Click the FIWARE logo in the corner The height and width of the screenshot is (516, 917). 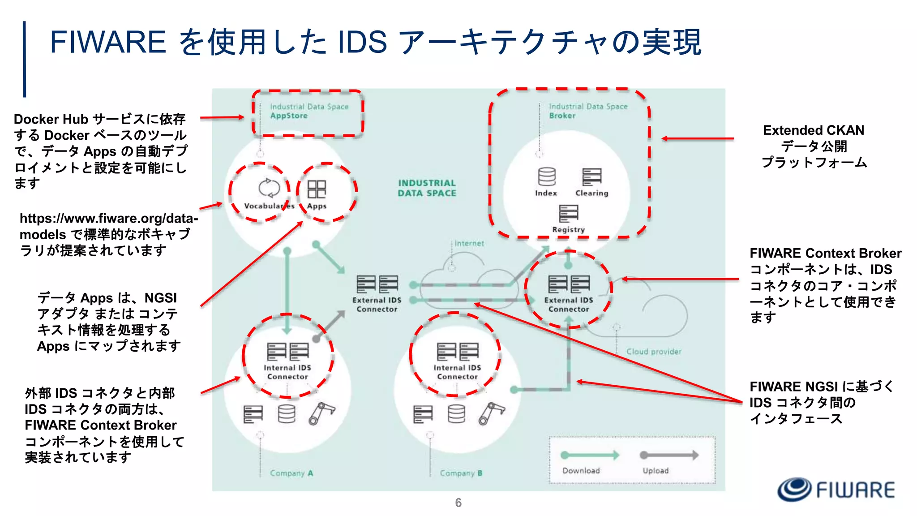click(836, 489)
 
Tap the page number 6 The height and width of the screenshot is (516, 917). click(458, 503)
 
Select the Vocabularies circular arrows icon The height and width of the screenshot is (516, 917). click(269, 188)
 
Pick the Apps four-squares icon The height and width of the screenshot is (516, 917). click(317, 189)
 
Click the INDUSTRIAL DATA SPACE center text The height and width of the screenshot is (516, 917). click(427, 188)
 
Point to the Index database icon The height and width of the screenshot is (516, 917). click(547, 177)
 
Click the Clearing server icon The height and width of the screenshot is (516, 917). click(591, 177)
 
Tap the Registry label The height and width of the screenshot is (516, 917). click(568, 229)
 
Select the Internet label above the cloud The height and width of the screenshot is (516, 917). click(469, 243)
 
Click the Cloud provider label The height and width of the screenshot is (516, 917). click(653, 352)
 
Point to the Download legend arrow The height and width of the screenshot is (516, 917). click(589, 455)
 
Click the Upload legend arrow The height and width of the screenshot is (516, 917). click(669, 455)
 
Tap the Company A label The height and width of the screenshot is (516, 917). click(291, 473)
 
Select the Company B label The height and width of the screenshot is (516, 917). click(461, 473)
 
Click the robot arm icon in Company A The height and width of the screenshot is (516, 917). click(321, 413)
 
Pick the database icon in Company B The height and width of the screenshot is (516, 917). click(456, 414)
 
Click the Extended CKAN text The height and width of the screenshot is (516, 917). click(813, 130)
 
